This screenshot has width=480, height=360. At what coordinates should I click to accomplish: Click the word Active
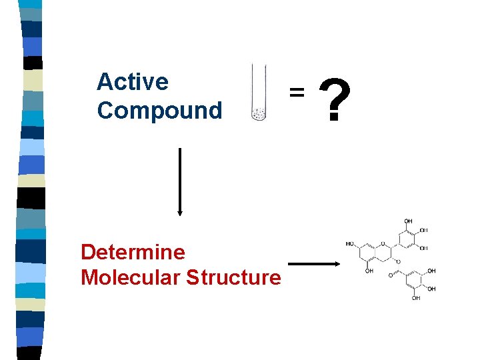point(133,82)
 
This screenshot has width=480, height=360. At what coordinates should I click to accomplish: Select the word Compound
point(159,110)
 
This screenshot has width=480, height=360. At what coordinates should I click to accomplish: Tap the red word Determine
point(133,252)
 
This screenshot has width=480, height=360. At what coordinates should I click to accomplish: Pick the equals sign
point(297,91)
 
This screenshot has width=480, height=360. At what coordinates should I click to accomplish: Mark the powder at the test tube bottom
point(259,115)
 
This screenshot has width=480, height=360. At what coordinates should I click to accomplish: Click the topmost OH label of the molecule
point(407,222)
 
